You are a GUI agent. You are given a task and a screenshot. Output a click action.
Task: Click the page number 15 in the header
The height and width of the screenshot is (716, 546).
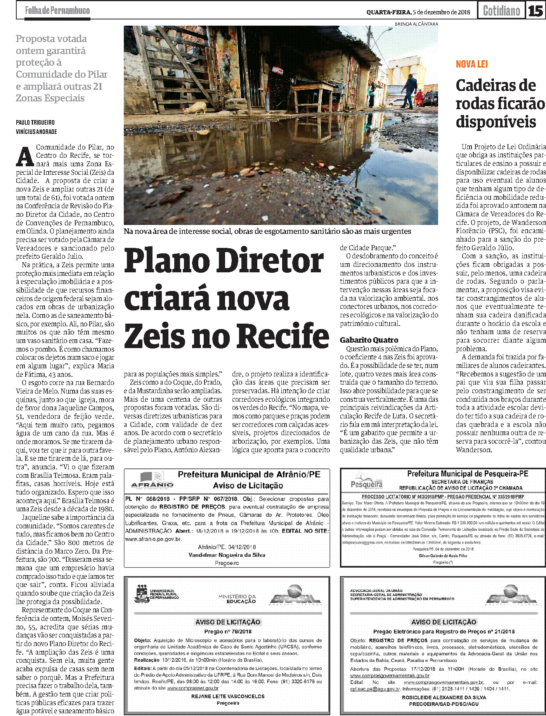pos(536,10)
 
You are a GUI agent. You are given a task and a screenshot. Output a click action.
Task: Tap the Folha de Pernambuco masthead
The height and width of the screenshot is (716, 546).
pos(57,10)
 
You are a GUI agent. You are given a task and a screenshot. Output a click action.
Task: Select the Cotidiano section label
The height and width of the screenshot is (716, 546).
pos(501,10)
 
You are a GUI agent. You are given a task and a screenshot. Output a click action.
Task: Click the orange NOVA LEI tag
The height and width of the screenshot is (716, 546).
pos(471,64)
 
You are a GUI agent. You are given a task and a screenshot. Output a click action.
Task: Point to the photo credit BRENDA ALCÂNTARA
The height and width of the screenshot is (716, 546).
pos(416,24)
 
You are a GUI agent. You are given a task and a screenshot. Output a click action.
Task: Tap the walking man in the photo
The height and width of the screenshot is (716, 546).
pos(408,91)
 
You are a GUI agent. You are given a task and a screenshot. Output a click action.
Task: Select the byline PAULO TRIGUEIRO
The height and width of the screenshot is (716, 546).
pos(35,122)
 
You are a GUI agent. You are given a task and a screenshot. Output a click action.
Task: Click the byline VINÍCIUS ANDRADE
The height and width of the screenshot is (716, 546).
pos(36,132)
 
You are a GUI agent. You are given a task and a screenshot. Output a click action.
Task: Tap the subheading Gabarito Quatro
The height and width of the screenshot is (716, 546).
pos(369,340)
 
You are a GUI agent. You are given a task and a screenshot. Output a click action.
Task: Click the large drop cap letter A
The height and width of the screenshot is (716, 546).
pos(25,156)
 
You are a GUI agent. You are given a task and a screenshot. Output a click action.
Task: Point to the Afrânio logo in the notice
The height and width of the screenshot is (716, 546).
pos(152,480)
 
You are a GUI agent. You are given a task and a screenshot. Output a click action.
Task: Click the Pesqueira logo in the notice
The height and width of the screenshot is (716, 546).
pos(366,481)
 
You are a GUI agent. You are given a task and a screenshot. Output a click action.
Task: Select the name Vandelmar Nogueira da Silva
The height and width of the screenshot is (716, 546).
pos(227,555)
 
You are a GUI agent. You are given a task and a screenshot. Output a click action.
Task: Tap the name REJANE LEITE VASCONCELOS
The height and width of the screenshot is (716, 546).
pos(227,696)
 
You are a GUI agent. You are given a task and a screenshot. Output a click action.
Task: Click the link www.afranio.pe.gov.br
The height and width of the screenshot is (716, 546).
pos(153,539)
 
